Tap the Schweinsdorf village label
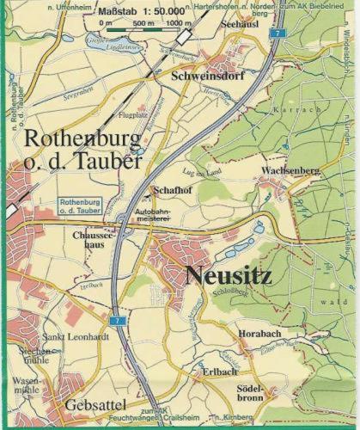tap(209, 76)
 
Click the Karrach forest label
tap(296, 112)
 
